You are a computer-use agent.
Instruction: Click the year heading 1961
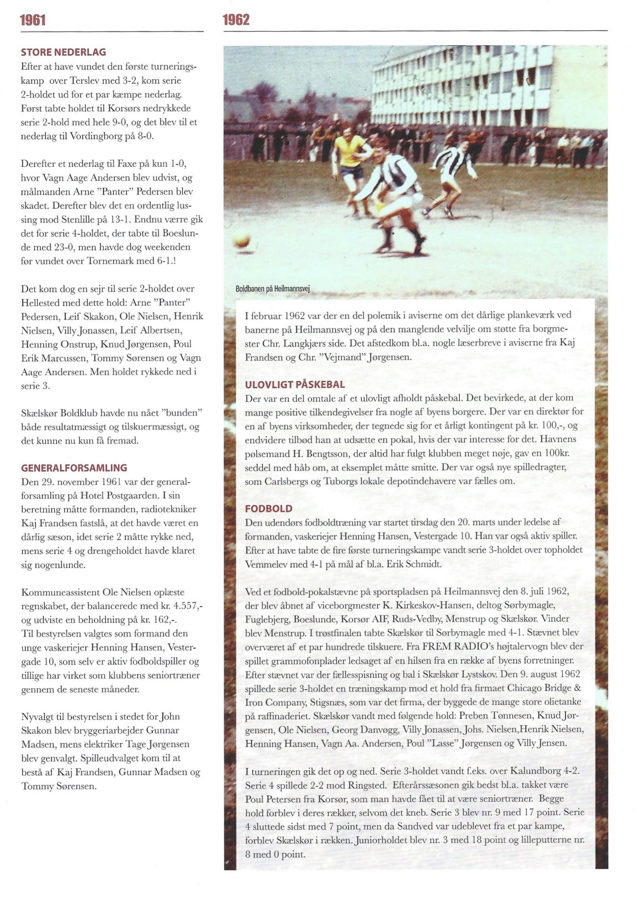click(33, 21)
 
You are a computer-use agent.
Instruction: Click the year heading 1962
click(236, 21)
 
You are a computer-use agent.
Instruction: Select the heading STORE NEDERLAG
click(63, 53)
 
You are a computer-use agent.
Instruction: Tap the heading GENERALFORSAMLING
click(74, 468)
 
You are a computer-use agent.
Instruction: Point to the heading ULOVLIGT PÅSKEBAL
click(295, 384)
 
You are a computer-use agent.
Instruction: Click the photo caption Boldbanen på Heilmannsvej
click(272, 289)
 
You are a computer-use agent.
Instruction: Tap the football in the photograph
click(242, 240)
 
